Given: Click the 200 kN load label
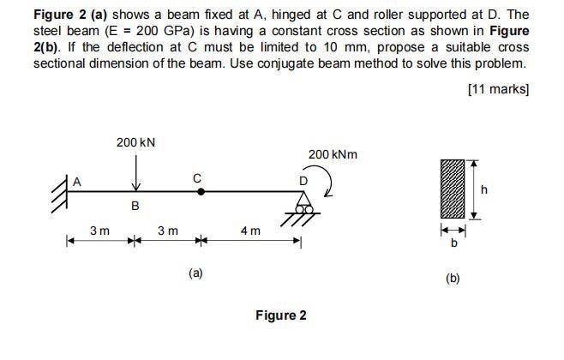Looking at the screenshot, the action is click(x=136, y=141).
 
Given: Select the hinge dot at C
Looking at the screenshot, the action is click(x=201, y=192).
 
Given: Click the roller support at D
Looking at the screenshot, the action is click(x=303, y=206).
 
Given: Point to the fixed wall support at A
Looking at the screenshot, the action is click(x=63, y=192).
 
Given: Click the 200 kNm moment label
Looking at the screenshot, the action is click(x=333, y=154).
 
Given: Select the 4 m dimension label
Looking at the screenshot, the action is click(x=250, y=231).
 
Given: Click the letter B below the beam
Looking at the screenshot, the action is click(x=135, y=207).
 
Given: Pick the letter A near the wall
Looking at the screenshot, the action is click(x=76, y=180).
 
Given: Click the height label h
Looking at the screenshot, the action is click(x=485, y=190).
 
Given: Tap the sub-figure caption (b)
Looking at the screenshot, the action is click(x=453, y=278).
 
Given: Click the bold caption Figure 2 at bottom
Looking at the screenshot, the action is click(x=280, y=315).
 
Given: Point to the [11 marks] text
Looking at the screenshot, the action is click(x=498, y=88).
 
